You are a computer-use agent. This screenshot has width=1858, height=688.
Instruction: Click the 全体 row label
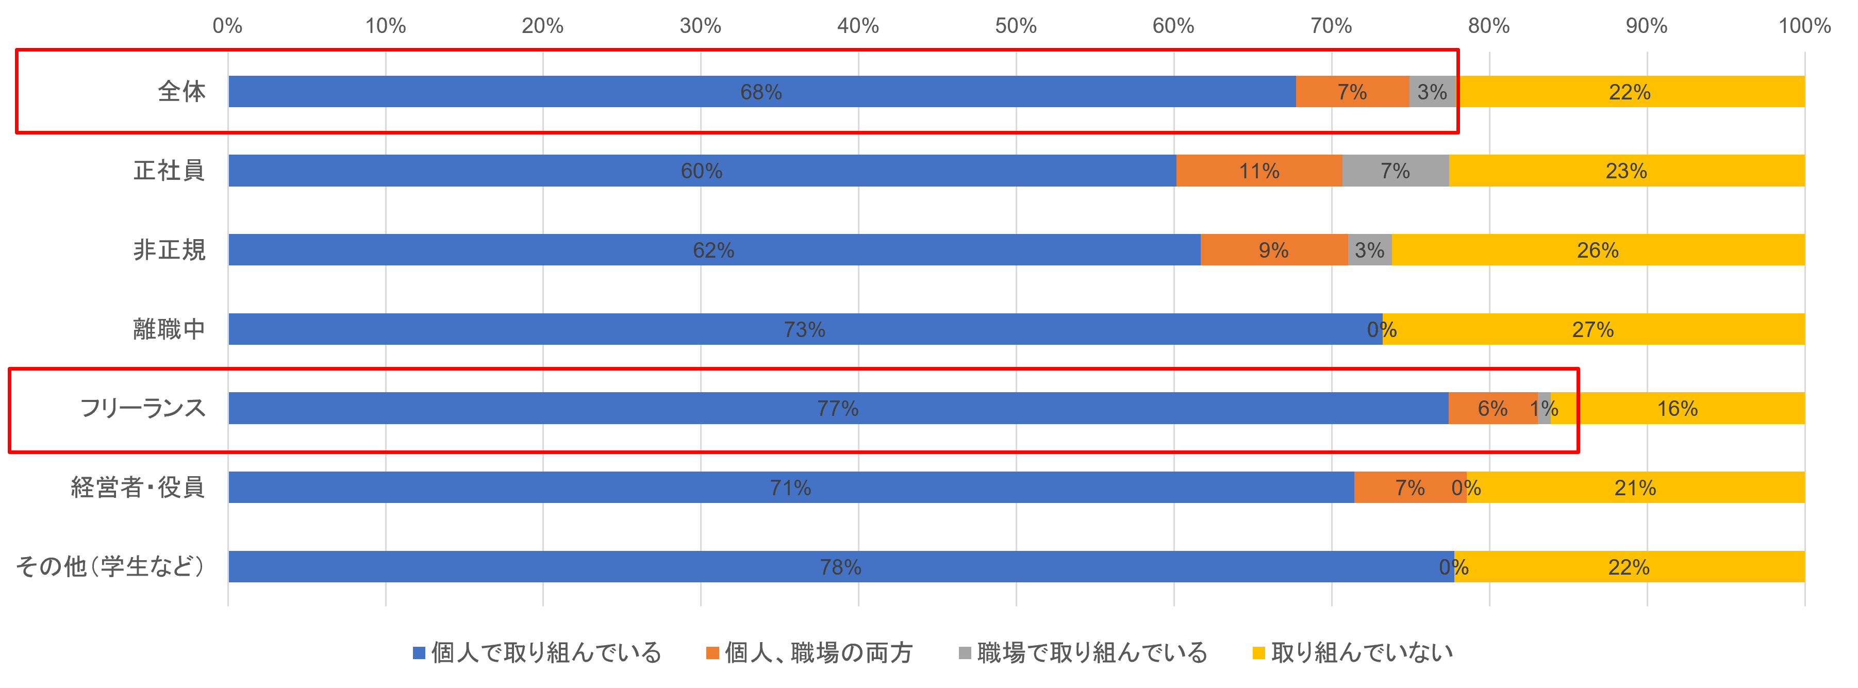click(182, 92)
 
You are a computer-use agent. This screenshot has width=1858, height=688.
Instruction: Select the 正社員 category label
click(170, 171)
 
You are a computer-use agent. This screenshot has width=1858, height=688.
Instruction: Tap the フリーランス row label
click(143, 408)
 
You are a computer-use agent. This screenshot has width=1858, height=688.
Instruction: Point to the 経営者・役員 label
click(138, 488)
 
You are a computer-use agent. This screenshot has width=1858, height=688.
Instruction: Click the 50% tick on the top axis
click(1016, 26)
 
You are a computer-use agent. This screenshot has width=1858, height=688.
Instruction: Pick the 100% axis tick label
click(1804, 26)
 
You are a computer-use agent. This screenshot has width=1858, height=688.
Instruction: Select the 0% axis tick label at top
click(227, 26)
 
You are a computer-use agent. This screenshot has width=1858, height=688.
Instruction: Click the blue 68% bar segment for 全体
click(761, 92)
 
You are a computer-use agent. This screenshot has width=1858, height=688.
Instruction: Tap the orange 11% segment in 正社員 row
click(1258, 171)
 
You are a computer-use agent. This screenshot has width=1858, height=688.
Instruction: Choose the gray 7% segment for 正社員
click(1395, 171)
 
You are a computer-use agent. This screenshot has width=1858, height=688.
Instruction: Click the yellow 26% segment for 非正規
click(1598, 250)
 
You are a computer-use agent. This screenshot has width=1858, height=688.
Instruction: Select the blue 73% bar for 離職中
click(804, 330)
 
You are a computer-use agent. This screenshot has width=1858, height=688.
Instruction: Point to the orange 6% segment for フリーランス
click(1492, 408)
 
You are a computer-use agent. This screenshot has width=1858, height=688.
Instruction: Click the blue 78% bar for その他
click(840, 567)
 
